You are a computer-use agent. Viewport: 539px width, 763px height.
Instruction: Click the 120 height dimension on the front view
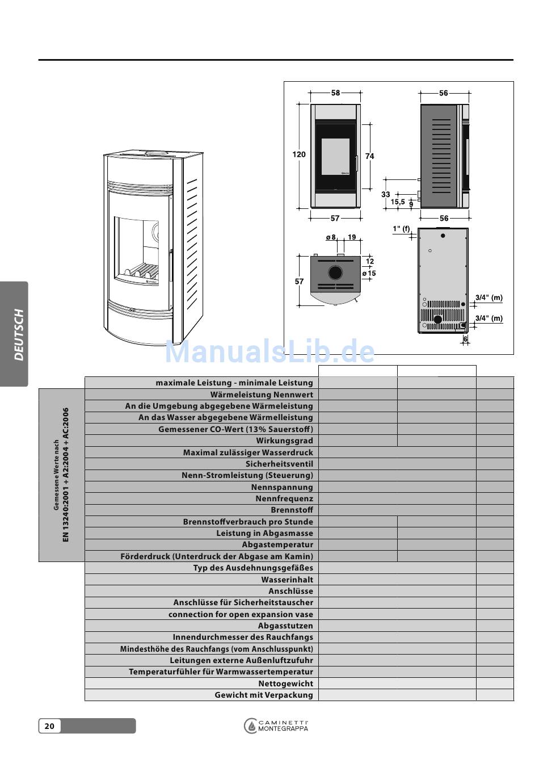click(299, 154)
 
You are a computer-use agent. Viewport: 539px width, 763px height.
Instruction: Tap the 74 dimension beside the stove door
click(370, 156)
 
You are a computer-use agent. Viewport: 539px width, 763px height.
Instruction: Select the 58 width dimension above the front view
click(335, 93)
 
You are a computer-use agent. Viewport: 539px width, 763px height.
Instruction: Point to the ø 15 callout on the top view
click(369, 274)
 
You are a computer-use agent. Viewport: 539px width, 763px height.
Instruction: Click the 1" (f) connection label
click(401, 229)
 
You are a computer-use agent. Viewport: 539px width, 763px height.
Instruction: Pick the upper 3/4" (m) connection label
click(489, 297)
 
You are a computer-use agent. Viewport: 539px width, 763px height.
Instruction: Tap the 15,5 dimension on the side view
click(398, 202)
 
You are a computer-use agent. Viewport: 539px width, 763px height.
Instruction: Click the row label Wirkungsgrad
click(284, 441)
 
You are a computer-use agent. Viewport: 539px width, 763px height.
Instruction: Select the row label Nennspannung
click(282, 487)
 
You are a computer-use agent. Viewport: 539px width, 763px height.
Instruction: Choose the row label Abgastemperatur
click(277, 544)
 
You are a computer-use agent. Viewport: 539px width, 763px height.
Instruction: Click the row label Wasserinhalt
click(287, 580)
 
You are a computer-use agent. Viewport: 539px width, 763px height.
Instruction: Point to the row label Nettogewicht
click(285, 684)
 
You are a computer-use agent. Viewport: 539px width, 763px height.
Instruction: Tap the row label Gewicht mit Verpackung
click(264, 695)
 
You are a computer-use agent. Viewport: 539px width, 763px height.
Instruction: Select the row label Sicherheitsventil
click(279, 464)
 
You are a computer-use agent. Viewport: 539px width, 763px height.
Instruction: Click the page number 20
click(49, 726)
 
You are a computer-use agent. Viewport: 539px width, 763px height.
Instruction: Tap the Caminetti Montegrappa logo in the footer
click(276, 726)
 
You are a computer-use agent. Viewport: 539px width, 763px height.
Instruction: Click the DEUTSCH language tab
click(19, 334)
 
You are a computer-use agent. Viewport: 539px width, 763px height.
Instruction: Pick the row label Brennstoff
click(292, 510)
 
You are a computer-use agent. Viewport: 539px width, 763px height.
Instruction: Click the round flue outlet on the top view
click(335, 272)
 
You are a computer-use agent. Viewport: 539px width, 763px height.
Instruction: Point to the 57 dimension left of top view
click(299, 282)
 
